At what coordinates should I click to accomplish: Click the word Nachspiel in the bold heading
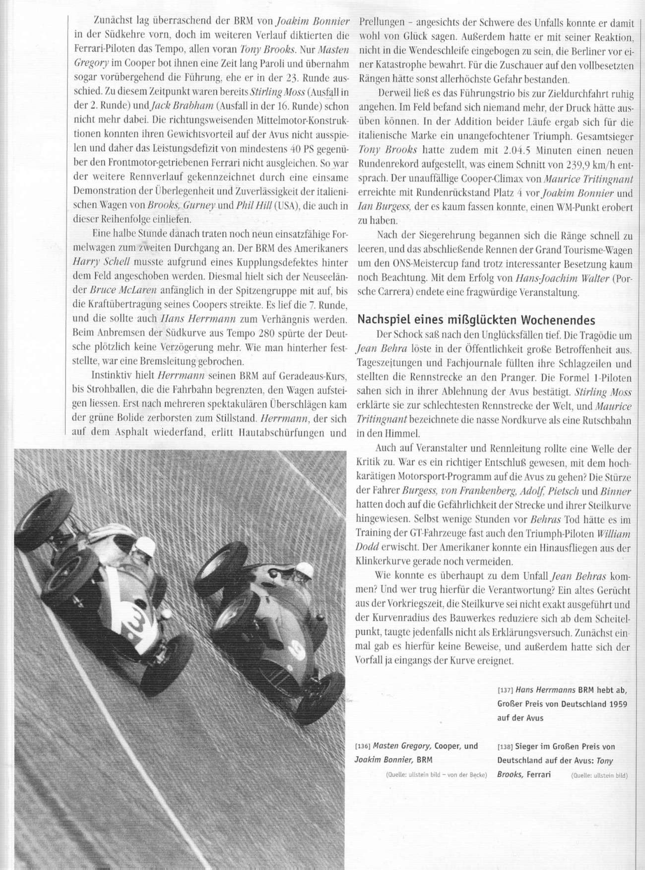385,320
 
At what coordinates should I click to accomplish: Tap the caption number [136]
363,746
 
